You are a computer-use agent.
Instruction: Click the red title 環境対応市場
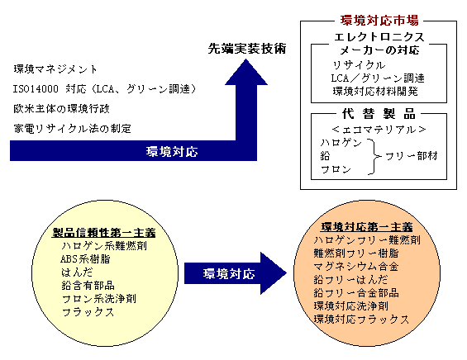379,21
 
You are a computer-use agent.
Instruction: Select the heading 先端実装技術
247,49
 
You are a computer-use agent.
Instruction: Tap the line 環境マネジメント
55,69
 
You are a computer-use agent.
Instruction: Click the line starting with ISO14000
104,88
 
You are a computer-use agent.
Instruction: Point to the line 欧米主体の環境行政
62,109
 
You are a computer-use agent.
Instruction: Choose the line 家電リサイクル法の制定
73,129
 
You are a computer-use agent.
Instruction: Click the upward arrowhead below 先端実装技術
246,72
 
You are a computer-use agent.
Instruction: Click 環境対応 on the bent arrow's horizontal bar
172,151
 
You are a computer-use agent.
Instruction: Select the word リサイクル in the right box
359,65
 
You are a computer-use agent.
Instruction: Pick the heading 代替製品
379,114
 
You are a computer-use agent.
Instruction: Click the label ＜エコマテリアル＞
379,130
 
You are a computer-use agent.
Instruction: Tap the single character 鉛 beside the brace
325,156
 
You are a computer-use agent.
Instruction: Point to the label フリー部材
412,155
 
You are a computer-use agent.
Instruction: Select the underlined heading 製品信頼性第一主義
104,232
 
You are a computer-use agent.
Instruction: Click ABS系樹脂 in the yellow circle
85,258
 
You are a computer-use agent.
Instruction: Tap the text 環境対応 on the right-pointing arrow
229,274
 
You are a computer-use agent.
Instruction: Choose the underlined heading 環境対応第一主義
367,227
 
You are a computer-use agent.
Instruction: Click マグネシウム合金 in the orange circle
356,267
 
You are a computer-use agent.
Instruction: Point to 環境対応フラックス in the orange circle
361,320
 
